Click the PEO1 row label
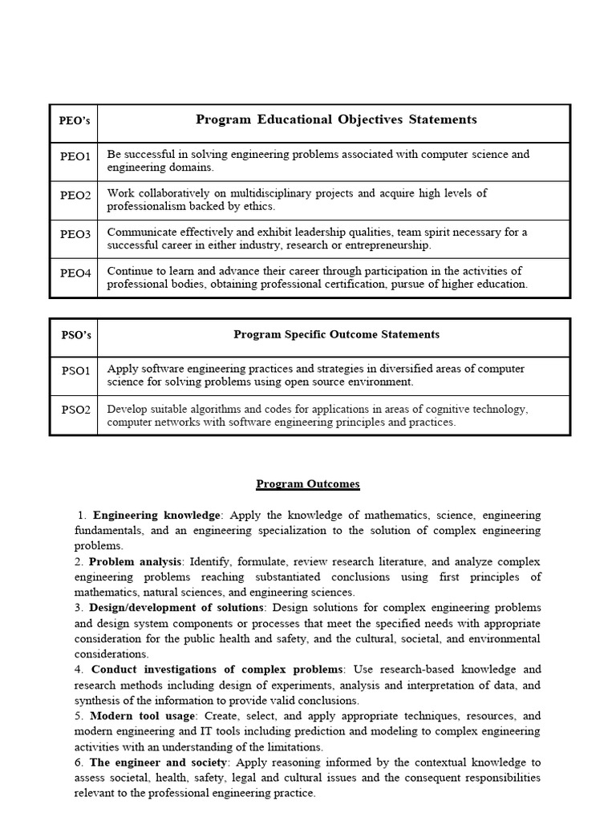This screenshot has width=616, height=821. pos(75,156)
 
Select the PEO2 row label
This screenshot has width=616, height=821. pos(75,195)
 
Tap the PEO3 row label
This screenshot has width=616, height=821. pos(75,234)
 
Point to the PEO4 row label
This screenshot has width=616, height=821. pos(75,273)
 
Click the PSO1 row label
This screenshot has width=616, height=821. pos(76,370)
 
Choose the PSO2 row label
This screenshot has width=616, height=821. pos(76,410)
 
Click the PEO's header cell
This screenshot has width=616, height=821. pos(75,120)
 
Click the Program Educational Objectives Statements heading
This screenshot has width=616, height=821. pos(336,119)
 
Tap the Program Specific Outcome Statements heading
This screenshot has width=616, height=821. pos(336,334)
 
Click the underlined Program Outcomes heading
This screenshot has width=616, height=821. pos(308,484)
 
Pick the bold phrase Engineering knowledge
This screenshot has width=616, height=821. pos(156,516)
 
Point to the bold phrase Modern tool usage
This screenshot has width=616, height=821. pos(142,716)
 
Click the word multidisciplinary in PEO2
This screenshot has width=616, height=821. pos(258,193)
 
